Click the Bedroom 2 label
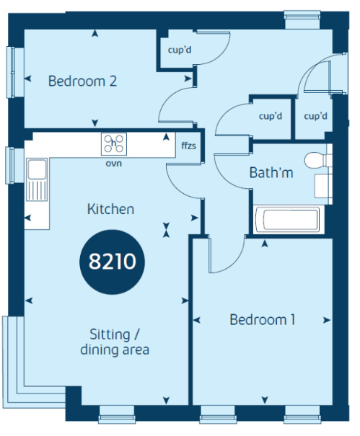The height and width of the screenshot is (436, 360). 82,81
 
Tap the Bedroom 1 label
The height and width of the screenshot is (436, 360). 263,320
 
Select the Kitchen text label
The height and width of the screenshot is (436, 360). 110,209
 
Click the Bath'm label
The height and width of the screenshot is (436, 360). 271,173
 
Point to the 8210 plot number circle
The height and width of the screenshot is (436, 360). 113,262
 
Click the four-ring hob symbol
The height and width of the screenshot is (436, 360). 113,144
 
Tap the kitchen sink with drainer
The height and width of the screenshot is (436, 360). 37,179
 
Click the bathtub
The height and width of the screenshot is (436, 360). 289,220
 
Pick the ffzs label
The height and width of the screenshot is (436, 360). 188,146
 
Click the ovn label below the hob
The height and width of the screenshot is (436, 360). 113,163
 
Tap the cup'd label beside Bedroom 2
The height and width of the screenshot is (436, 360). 180,50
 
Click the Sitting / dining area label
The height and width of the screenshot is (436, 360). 115,342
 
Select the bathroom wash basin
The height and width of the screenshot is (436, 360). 323,186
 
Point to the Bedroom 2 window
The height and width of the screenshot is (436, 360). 11,72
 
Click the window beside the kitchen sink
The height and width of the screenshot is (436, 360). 10,166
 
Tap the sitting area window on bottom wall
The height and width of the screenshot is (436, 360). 117,415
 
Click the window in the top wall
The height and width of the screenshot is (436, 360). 302,19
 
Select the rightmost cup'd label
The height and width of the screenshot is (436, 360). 315,116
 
